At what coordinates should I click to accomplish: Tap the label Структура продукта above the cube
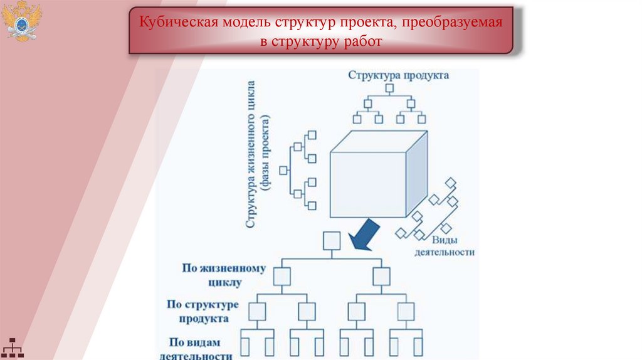[x=399, y=75]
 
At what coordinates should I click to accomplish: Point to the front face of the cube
[x=368, y=184]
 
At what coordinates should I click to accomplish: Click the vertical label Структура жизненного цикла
[x=251, y=154]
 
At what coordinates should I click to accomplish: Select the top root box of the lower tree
[x=331, y=241]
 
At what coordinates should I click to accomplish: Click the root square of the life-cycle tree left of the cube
[x=283, y=170]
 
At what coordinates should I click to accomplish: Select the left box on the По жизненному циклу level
[x=282, y=276]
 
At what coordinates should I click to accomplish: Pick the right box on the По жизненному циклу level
[x=381, y=276]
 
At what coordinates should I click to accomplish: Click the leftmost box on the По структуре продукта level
[x=258, y=311]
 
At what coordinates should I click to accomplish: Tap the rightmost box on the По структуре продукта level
[x=406, y=311]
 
